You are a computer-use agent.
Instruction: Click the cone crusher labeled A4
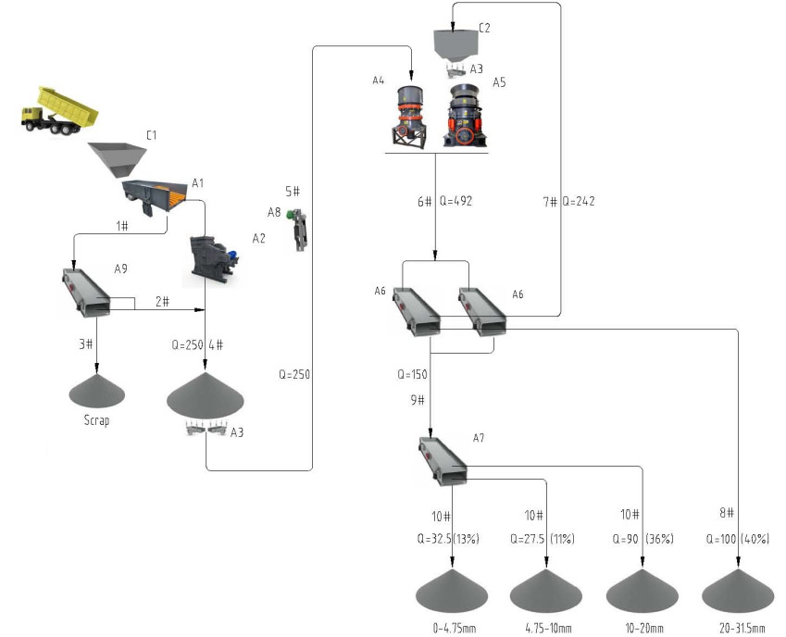click(409, 115)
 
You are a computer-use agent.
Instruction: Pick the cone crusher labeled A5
click(468, 117)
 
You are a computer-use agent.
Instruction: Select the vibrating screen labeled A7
click(442, 459)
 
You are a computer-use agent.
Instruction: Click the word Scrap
click(95, 420)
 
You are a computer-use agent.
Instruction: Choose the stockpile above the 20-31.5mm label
click(738, 593)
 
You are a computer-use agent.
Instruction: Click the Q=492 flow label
click(457, 201)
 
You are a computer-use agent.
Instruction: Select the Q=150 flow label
click(415, 375)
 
